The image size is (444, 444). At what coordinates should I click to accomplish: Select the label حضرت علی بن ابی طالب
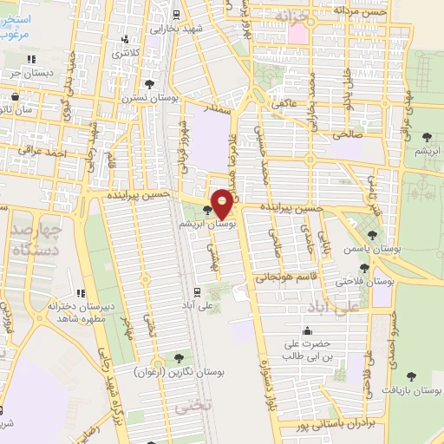[x=307, y=349]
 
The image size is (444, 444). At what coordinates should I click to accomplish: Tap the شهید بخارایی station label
[x=177, y=29]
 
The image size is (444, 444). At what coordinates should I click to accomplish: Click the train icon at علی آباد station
[x=198, y=292]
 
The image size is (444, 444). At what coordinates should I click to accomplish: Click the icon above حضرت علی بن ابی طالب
[x=307, y=330]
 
